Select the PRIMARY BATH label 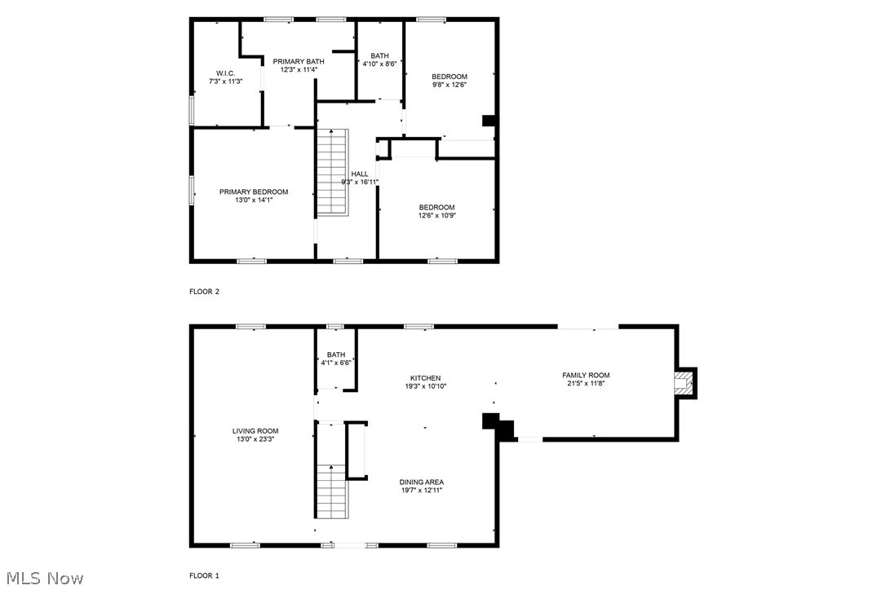[x=299, y=61]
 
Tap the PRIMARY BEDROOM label [x=254, y=192]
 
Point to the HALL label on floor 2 [x=360, y=174]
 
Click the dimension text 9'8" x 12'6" [x=450, y=85]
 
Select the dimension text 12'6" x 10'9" [x=436, y=216]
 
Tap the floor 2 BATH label [x=379, y=55]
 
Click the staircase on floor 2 [x=332, y=172]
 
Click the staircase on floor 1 [x=331, y=491]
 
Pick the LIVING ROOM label [x=255, y=431]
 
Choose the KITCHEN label [x=425, y=378]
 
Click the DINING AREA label [x=422, y=482]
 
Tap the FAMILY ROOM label [x=586, y=375]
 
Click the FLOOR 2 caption [x=205, y=291]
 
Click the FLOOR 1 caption [x=205, y=575]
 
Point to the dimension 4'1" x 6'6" [x=336, y=363]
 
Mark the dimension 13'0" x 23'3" [x=255, y=440]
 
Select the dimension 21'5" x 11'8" [x=586, y=384]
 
